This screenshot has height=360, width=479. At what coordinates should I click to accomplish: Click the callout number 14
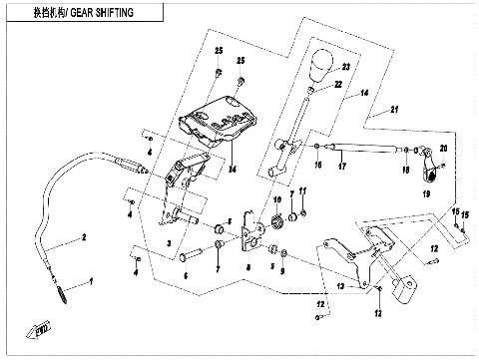pyautogui.click(x=365, y=93)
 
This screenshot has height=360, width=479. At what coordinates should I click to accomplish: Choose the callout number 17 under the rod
pyautogui.click(x=341, y=167)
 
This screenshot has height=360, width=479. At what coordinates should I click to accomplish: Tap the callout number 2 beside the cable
pyautogui.click(x=84, y=237)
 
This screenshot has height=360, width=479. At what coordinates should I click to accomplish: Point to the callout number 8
pyautogui.click(x=247, y=268)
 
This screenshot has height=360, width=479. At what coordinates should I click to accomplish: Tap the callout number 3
pyautogui.click(x=170, y=242)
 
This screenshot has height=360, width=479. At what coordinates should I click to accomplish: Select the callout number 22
pyautogui.click(x=338, y=86)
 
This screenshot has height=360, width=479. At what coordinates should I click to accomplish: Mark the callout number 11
pyautogui.click(x=304, y=189)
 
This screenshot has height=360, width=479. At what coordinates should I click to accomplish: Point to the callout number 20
pyautogui.click(x=444, y=149)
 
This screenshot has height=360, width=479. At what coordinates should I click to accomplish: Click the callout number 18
pyautogui.click(x=405, y=171)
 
